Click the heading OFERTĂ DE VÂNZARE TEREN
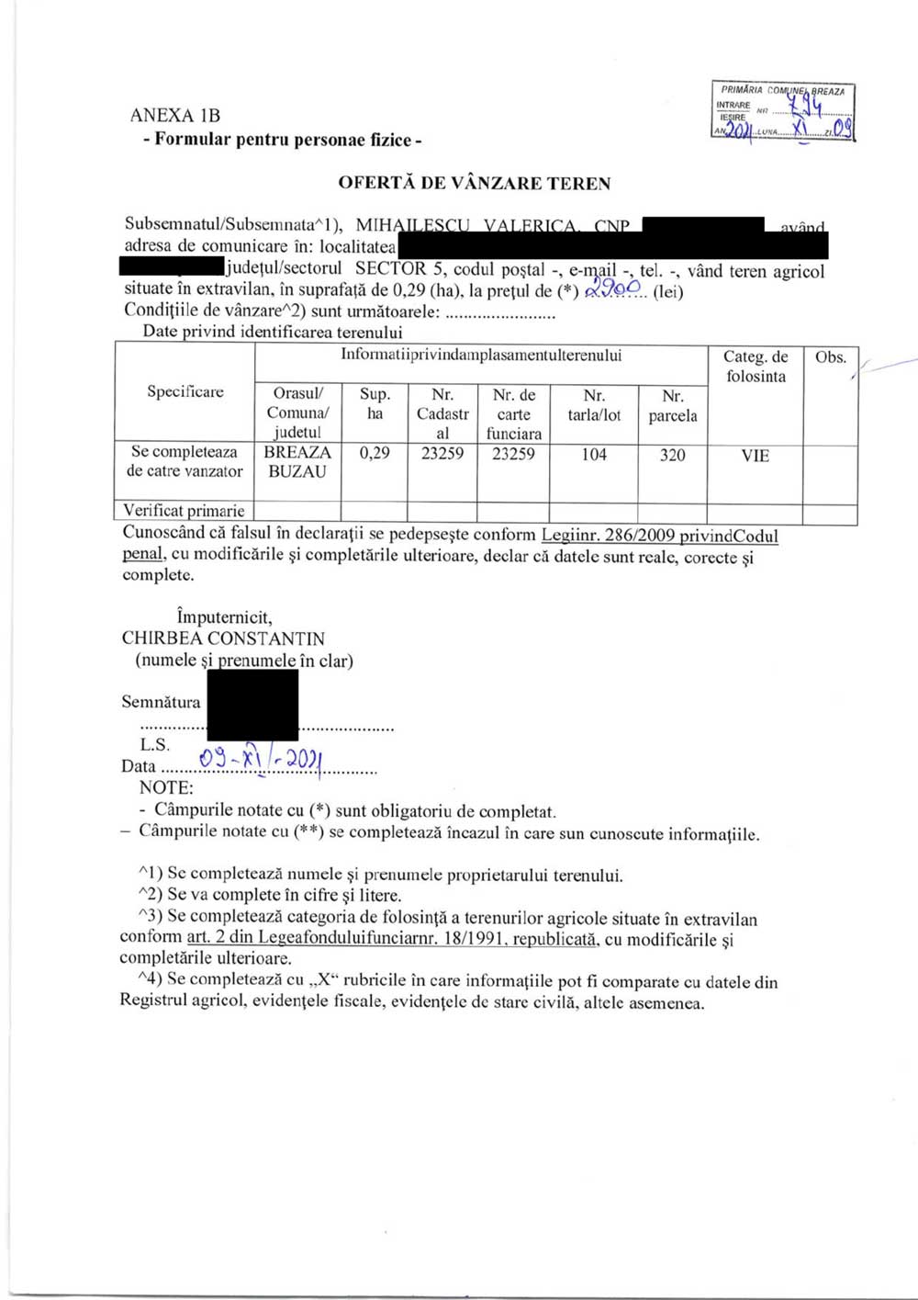click(x=474, y=183)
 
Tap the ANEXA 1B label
click(x=174, y=116)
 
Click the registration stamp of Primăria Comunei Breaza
click(x=783, y=112)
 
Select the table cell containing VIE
click(x=755, y=456)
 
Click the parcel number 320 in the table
click(x=672, y=455)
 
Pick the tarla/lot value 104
click(x=594, y=455)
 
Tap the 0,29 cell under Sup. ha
click(x=374, y=453)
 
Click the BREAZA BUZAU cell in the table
click(x=297, y=462)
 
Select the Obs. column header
click(x=830, y=357)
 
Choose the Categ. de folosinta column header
click(x=755, y=367)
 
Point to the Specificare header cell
click(x=185, y=392)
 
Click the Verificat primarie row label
click(x=185, y=511)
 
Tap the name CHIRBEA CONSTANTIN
click(x=223, y=639)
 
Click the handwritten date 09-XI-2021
click(x=260, y=759)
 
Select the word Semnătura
click(x=161, y=702)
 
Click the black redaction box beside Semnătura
click(x=252, y=705)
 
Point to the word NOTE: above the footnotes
click(x=166, y=787)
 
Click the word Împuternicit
click(x=224, y=617)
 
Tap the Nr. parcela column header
click(x=672, y=406)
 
